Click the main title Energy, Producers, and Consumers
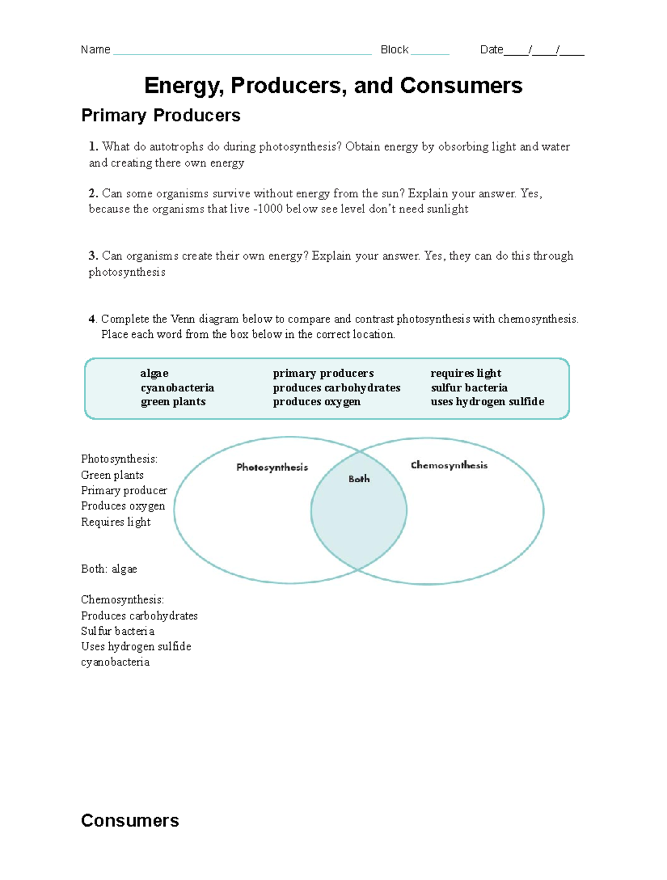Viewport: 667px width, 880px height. (333, 86)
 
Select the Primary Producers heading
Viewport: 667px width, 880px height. (161, 115)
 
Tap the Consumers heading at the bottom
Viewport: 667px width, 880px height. (130, 820)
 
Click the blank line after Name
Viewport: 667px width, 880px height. (242, 51)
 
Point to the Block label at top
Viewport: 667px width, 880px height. (394, 50)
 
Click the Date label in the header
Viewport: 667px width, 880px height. (491, 50)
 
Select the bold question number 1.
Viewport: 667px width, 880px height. (93, 146)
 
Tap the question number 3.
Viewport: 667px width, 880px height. (93, 256)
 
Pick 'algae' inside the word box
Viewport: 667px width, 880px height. (155, 373)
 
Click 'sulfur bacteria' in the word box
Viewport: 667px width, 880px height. (469, 387)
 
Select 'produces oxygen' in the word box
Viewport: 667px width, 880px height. (316, 401)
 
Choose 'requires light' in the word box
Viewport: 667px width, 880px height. (465, 373)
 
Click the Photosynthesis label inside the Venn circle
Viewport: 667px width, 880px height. (272, 467)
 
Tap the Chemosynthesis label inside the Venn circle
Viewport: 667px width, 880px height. (449, 465)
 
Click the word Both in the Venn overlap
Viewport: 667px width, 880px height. (359, 479)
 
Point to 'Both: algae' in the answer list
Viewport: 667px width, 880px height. (109, 569)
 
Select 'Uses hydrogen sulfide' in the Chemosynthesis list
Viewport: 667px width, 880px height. (136, 646)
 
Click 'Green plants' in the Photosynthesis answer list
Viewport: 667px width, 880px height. (112, 475)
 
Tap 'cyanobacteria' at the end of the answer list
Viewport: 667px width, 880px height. (115, 662)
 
